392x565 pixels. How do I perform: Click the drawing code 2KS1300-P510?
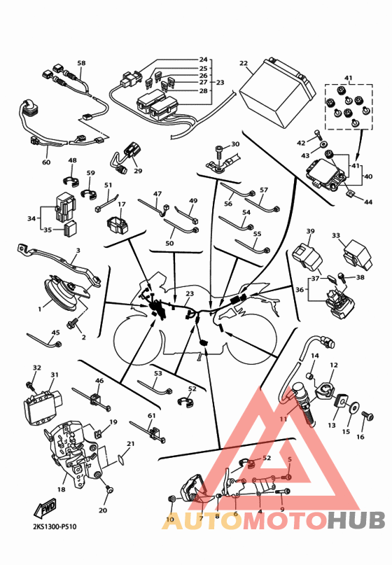click(x=55, y=526)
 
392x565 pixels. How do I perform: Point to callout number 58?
click(x=82, y=63)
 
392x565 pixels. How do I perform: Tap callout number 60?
click(x=46, y=162)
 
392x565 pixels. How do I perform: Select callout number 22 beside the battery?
click(x=244, y=63)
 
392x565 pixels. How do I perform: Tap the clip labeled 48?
click(x=71, y=181)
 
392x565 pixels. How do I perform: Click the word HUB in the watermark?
click(x=356, y=520)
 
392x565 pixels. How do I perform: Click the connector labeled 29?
click(x=128, y=157)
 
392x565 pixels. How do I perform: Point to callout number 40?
click(x=368, y=176)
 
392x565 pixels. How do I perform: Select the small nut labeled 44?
click(x=351, y=194)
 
